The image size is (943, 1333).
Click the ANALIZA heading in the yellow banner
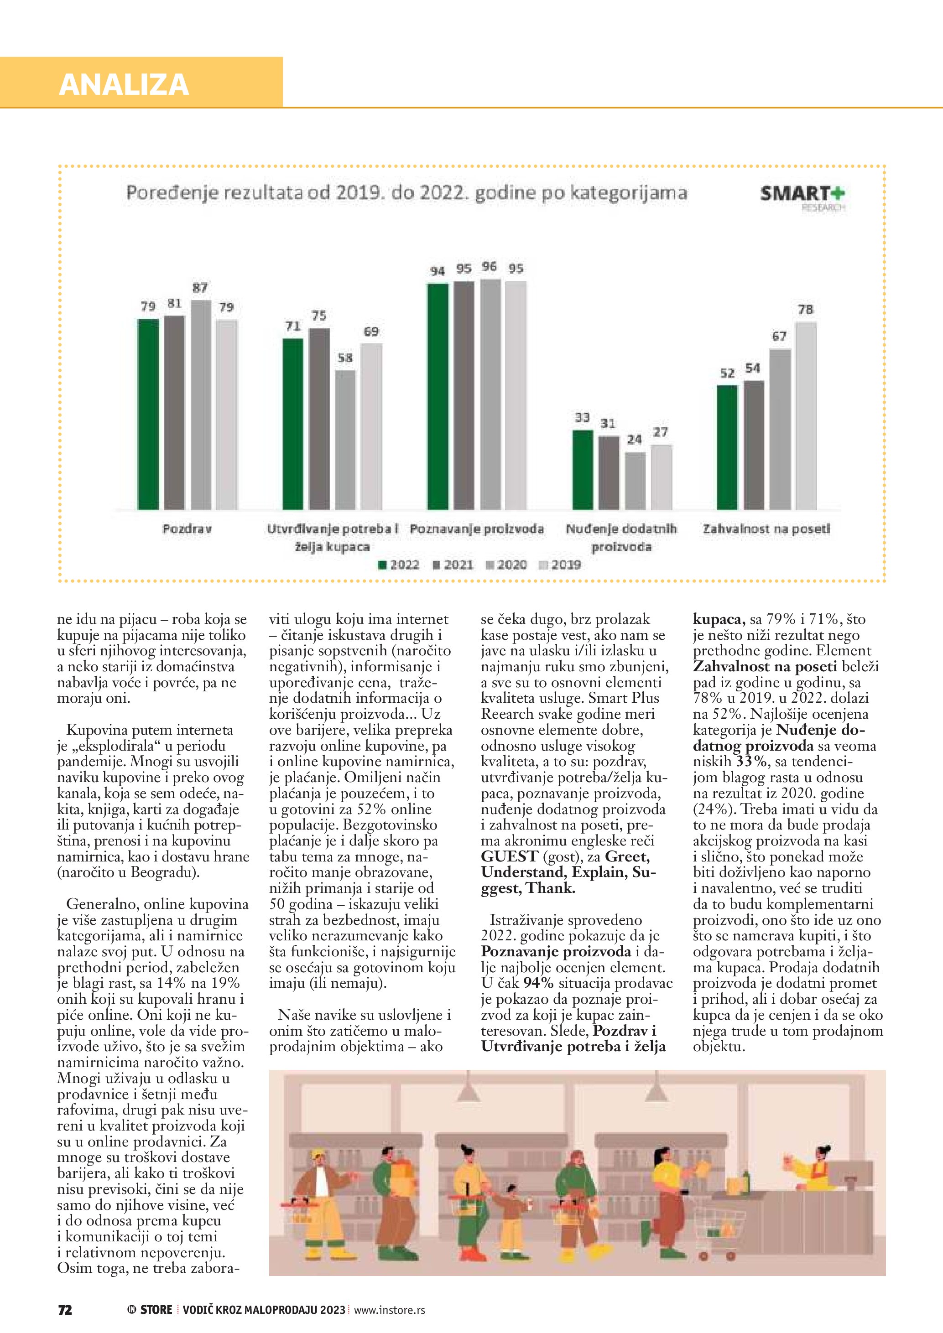click(124, 84)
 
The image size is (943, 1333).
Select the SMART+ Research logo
click(802, 197)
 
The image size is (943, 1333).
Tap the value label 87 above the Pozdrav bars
click(200, 288)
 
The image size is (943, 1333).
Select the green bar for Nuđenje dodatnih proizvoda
click(583, 470)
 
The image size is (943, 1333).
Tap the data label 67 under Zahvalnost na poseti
click(779, 336)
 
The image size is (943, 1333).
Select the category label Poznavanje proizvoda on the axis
click(477, 529)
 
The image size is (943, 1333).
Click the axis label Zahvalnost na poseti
click(766, 529)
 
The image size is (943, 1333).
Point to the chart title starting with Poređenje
click(406, 193)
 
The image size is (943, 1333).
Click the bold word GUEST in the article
click(509, 857)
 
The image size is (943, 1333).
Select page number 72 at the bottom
click(65, 1310)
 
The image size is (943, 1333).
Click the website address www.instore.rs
click(389, 1310)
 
